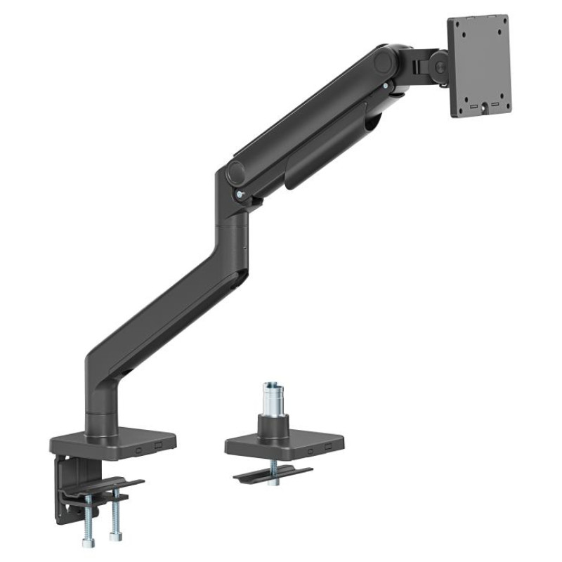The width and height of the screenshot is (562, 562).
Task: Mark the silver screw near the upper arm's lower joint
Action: [x=241, y=195]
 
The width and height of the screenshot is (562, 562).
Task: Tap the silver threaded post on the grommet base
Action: [x=273, y=398]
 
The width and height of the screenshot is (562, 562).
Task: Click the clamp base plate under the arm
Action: [x=112, y=441]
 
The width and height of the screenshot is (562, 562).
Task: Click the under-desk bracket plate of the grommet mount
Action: [x=273, y=473]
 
